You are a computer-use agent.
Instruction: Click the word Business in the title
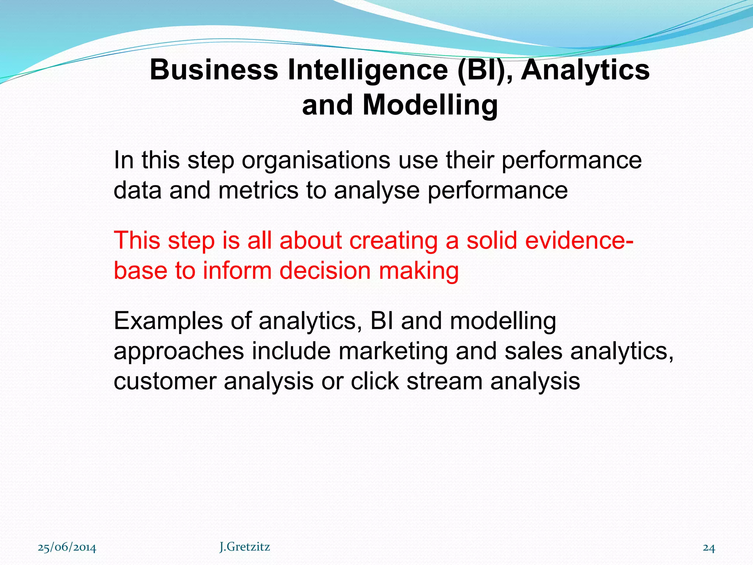coord(214,70)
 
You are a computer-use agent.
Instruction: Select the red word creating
coord(393,241)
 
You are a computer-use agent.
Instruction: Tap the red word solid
coord(492,240)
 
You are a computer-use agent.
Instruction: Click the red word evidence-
coord(579,240)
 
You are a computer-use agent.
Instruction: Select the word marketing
coord(393,352)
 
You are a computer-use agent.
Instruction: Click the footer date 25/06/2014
coord(67,548)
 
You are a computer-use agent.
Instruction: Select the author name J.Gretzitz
coord(245,547)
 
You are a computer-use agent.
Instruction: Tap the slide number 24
coord(709,548)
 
